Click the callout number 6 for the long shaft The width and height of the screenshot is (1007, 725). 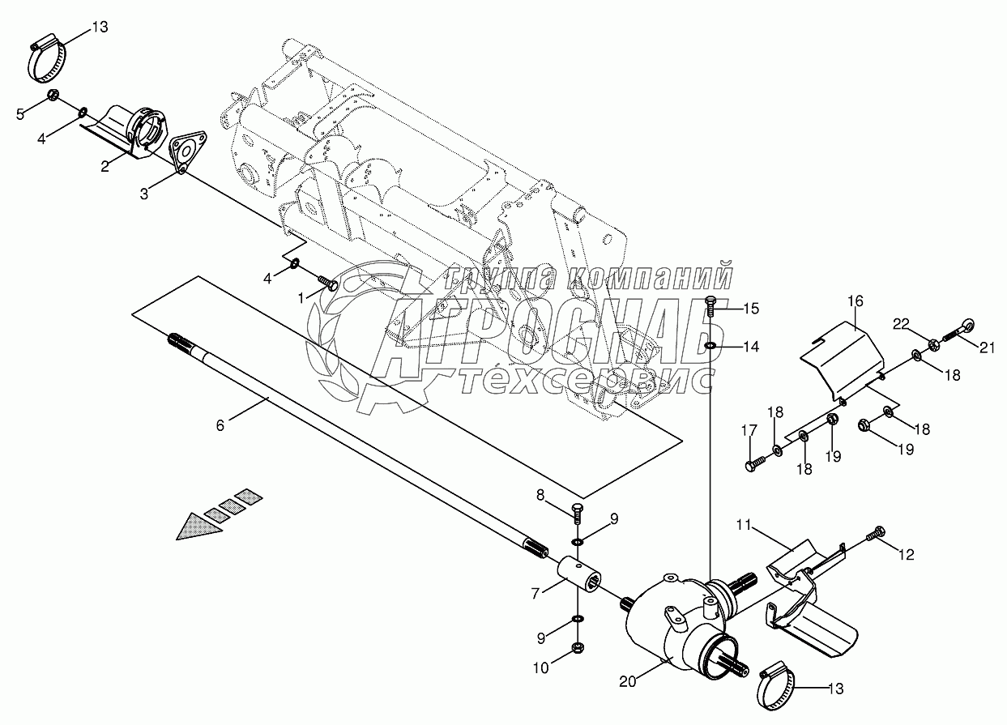point(220,425)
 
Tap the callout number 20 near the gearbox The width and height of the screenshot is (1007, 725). point(628,694)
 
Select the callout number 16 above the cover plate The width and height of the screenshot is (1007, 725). point(856,301)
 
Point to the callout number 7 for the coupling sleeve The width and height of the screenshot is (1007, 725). point(535,594)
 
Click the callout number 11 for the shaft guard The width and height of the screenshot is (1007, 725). point(744,525)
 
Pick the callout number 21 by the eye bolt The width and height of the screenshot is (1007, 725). point(988,348)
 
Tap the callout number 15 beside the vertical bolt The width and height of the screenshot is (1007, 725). point(751,309)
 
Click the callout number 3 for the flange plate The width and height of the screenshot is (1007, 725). point(144,194)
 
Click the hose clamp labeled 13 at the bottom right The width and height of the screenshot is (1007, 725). point(776,693)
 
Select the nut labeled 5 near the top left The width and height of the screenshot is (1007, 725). point(53,96)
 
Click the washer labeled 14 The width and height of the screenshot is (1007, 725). point(710,346)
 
